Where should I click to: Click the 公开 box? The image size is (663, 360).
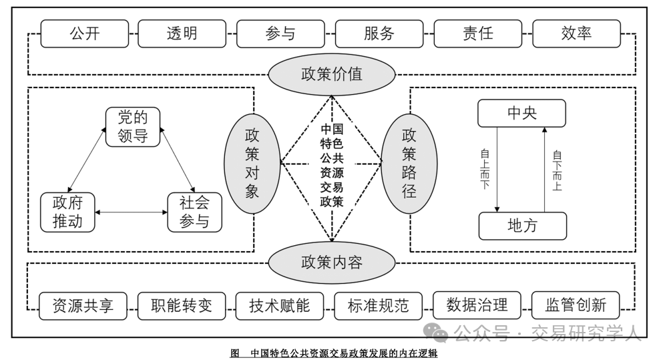(84, 33)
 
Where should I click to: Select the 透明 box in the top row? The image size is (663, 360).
(182, 33)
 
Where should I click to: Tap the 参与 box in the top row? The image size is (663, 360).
(280, 33)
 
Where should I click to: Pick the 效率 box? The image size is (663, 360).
(576, 33)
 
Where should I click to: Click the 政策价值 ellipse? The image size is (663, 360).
(331, 73)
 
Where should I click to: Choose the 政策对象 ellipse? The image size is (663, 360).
(252, 164)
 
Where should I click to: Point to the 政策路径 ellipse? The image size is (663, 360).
(409, 164)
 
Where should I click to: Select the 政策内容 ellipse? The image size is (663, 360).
(331, 262)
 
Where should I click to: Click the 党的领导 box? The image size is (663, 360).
(134, 127)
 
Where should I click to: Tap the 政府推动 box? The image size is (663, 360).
(67, 212)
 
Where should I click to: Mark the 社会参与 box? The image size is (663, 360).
(194, 212)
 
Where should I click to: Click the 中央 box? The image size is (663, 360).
(521, 114)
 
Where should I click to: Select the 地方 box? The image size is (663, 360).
(521, 226)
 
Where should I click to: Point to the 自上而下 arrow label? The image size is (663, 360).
(485, 169)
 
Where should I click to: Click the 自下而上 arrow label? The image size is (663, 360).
(557, 170)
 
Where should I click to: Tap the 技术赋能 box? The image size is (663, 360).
(280, 306)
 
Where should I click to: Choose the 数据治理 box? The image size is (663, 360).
(477, 305)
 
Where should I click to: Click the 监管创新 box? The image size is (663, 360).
(576, 305)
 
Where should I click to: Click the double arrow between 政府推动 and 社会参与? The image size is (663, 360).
(131, 212)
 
